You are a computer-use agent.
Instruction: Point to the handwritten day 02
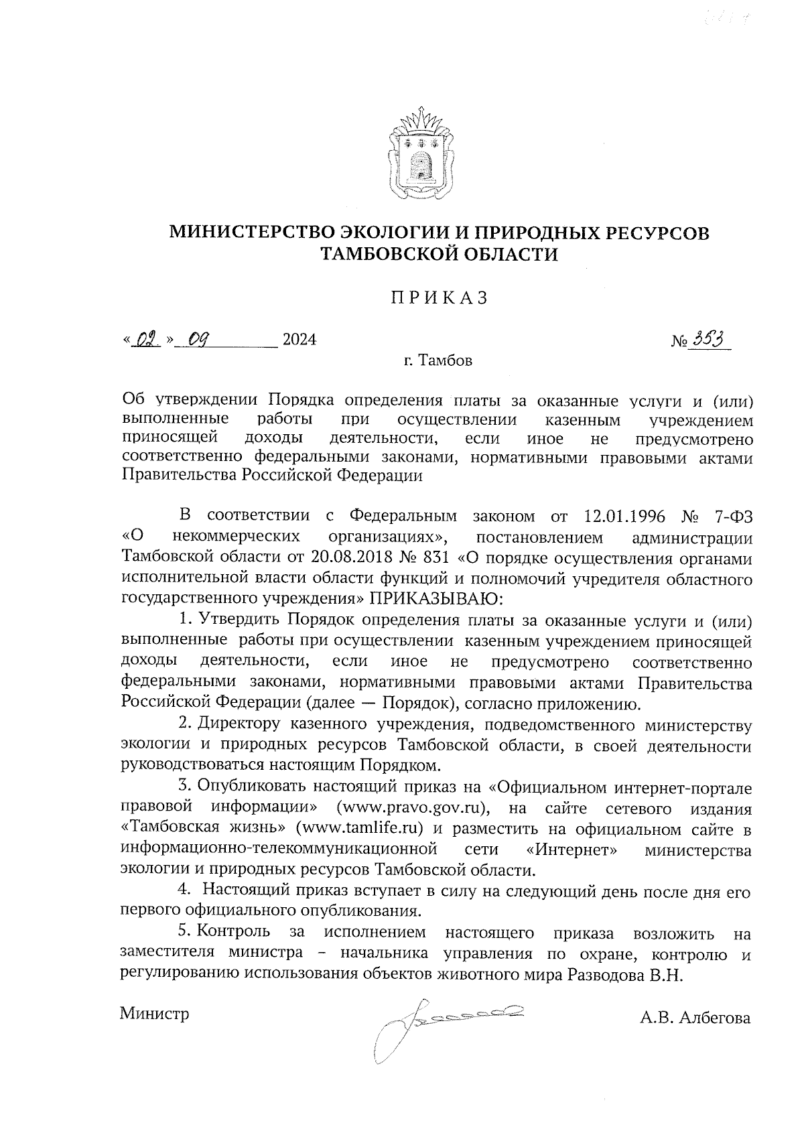[x=145, y=340]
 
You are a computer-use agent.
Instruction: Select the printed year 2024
[x=299, y=340]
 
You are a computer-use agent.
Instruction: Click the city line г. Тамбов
[x=438, y=361]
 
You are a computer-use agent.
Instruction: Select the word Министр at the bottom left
[x=154, y=1013]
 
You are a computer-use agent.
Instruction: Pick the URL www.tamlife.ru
[x=360, y=829]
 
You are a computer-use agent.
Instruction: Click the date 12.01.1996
[x=624, y=516]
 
